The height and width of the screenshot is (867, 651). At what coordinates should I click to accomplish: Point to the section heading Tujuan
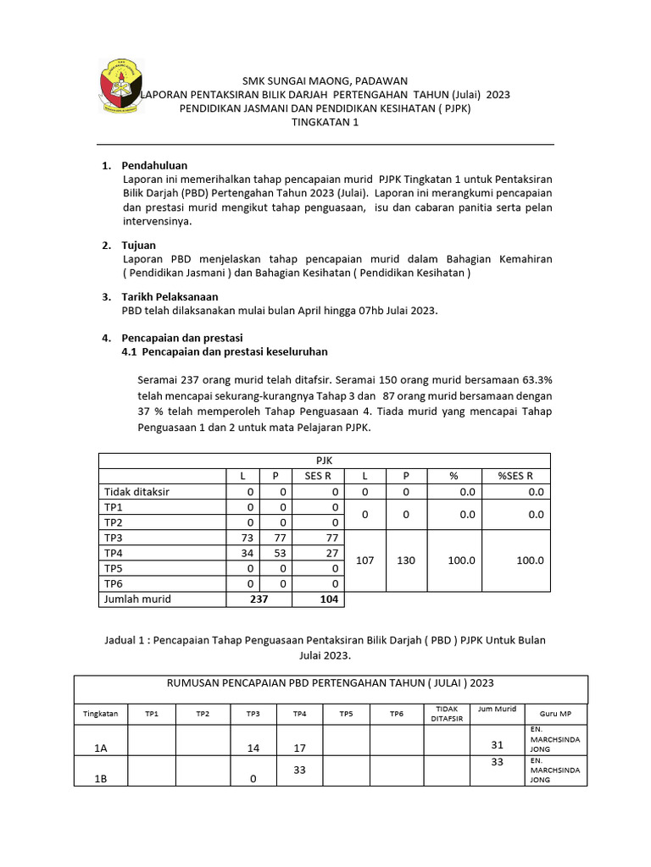(x=138, y=246)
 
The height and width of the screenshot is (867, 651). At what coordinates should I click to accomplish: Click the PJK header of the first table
(x=323, y=460)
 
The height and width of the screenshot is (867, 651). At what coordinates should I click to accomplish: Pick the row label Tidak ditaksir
(x=136, y=491)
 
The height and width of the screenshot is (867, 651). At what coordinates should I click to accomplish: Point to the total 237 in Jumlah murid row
(x=259, y=599)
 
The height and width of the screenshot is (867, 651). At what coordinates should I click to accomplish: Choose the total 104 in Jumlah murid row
(x=329, y=599)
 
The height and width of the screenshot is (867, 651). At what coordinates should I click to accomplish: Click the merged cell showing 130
(x=406, y=561)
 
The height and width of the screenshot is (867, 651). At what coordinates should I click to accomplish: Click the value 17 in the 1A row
(x=299, y=748)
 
